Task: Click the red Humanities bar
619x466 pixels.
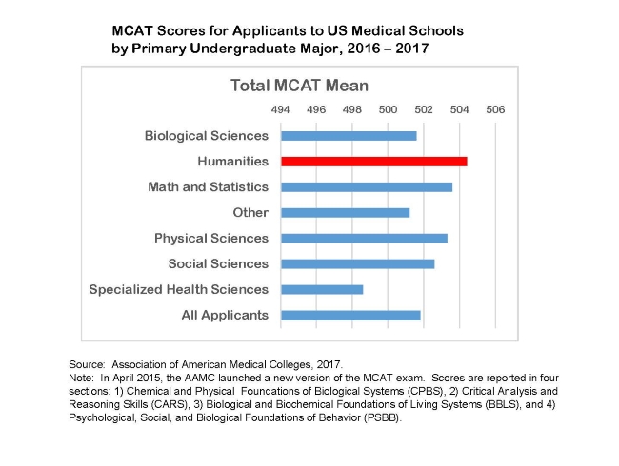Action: tap(373, 162)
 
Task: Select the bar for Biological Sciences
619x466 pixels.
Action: tap(349, 136)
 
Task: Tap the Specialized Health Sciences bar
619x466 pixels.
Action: tap(322, 289)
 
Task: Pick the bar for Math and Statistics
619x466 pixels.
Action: tap(367, 187)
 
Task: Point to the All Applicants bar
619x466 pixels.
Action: tap(350, 315)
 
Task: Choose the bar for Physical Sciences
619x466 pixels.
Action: tap(364, 238)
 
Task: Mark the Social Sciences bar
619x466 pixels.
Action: tap(357, 263)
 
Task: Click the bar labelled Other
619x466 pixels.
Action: tap(345, 212)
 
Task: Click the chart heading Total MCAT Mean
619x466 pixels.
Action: tap(299, 86)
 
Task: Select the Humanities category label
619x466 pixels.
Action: tap(232, 162)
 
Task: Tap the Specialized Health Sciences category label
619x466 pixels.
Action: tap(179, 289)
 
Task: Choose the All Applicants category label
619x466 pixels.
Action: tap(225, 315)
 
